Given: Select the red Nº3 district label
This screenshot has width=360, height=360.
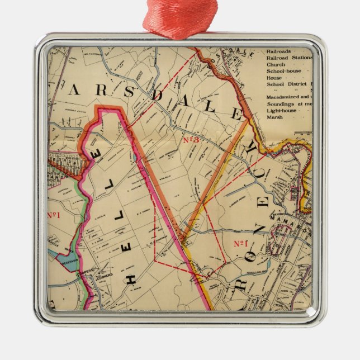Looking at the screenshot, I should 191,140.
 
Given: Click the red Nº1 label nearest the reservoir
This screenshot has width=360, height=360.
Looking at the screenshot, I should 54,215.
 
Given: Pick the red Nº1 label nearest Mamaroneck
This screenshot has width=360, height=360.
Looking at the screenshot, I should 240,243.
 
